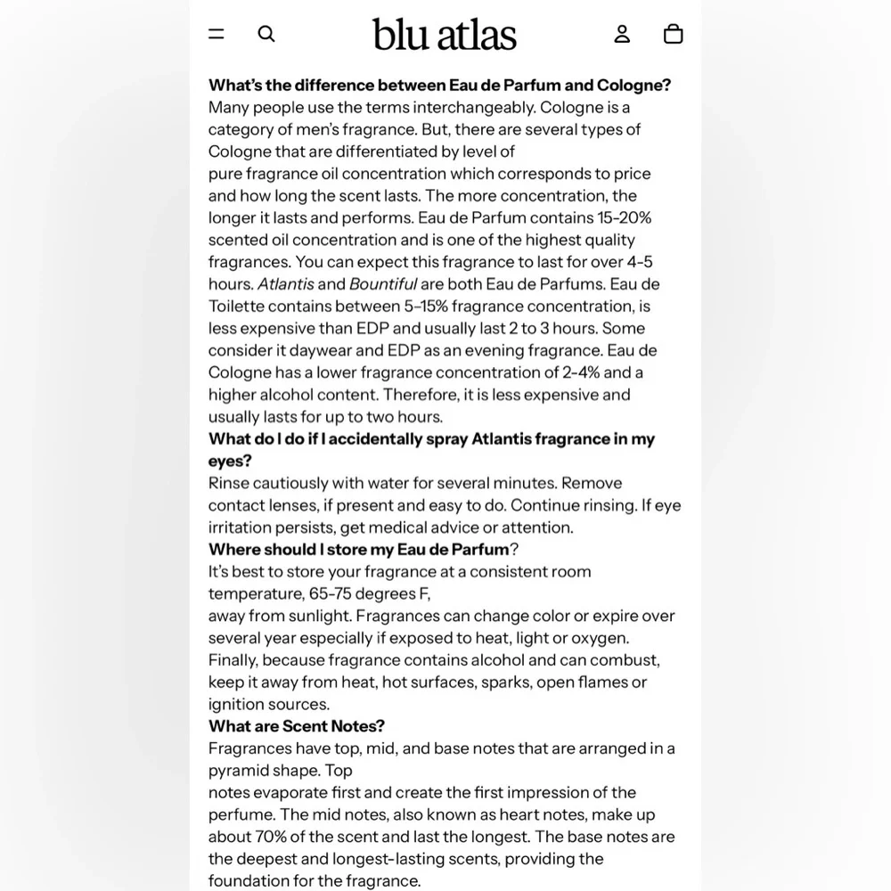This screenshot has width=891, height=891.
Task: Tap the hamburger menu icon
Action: [217, 34]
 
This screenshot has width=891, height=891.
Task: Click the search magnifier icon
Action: [266, 34]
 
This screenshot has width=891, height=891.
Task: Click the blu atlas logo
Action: [445, 35]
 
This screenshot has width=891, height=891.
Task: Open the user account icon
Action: [622, 34]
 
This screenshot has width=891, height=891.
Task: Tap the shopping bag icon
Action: [674, 34]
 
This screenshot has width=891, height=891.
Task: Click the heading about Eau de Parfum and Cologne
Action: [439, 85]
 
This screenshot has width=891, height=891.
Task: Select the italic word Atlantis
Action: [285, 284]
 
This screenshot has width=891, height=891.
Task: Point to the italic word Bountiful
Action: [383, 284]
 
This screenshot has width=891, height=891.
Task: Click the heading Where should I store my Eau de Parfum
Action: [358, 549]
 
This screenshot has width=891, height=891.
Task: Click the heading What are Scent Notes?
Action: [297, 726]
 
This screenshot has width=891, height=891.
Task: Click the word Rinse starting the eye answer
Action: [228, 483]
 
